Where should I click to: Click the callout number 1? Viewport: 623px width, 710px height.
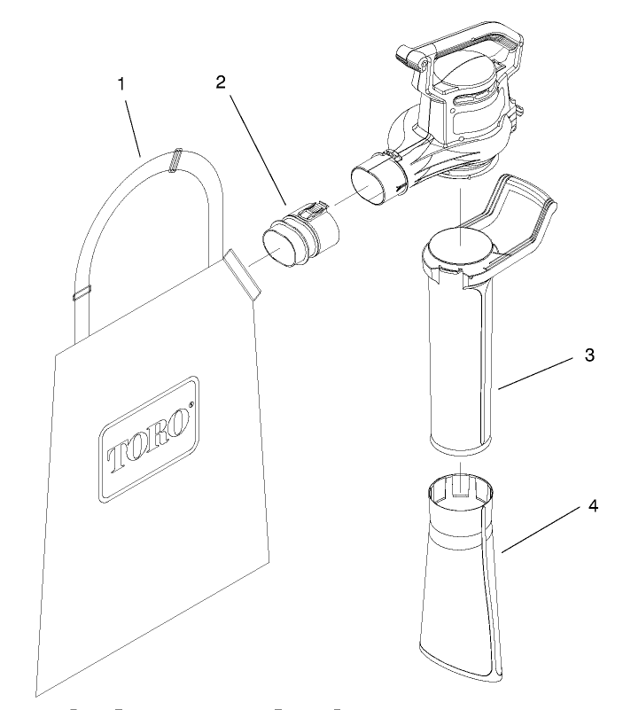[x=121, y=84]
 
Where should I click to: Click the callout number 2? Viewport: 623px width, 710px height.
[x=221, y=82]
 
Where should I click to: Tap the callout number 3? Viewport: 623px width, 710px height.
[x=589, y=355]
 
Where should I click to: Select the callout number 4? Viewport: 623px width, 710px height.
[x=593, y=506]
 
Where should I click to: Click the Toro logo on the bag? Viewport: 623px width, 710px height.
[x=149, y=438]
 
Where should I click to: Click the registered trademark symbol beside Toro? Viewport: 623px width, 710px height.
[x=191, y=404]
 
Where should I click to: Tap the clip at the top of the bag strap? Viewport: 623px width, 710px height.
[x=175, y=160]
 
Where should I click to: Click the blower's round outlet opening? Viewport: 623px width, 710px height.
[x=370, y=184]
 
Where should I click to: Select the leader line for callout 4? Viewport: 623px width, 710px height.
[x=541, y=530]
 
